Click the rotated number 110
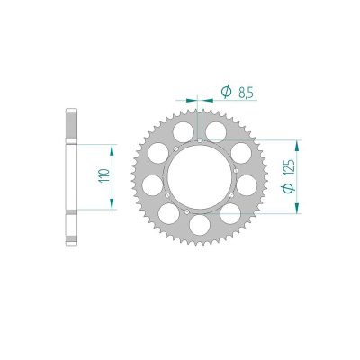tap(103, 176)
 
